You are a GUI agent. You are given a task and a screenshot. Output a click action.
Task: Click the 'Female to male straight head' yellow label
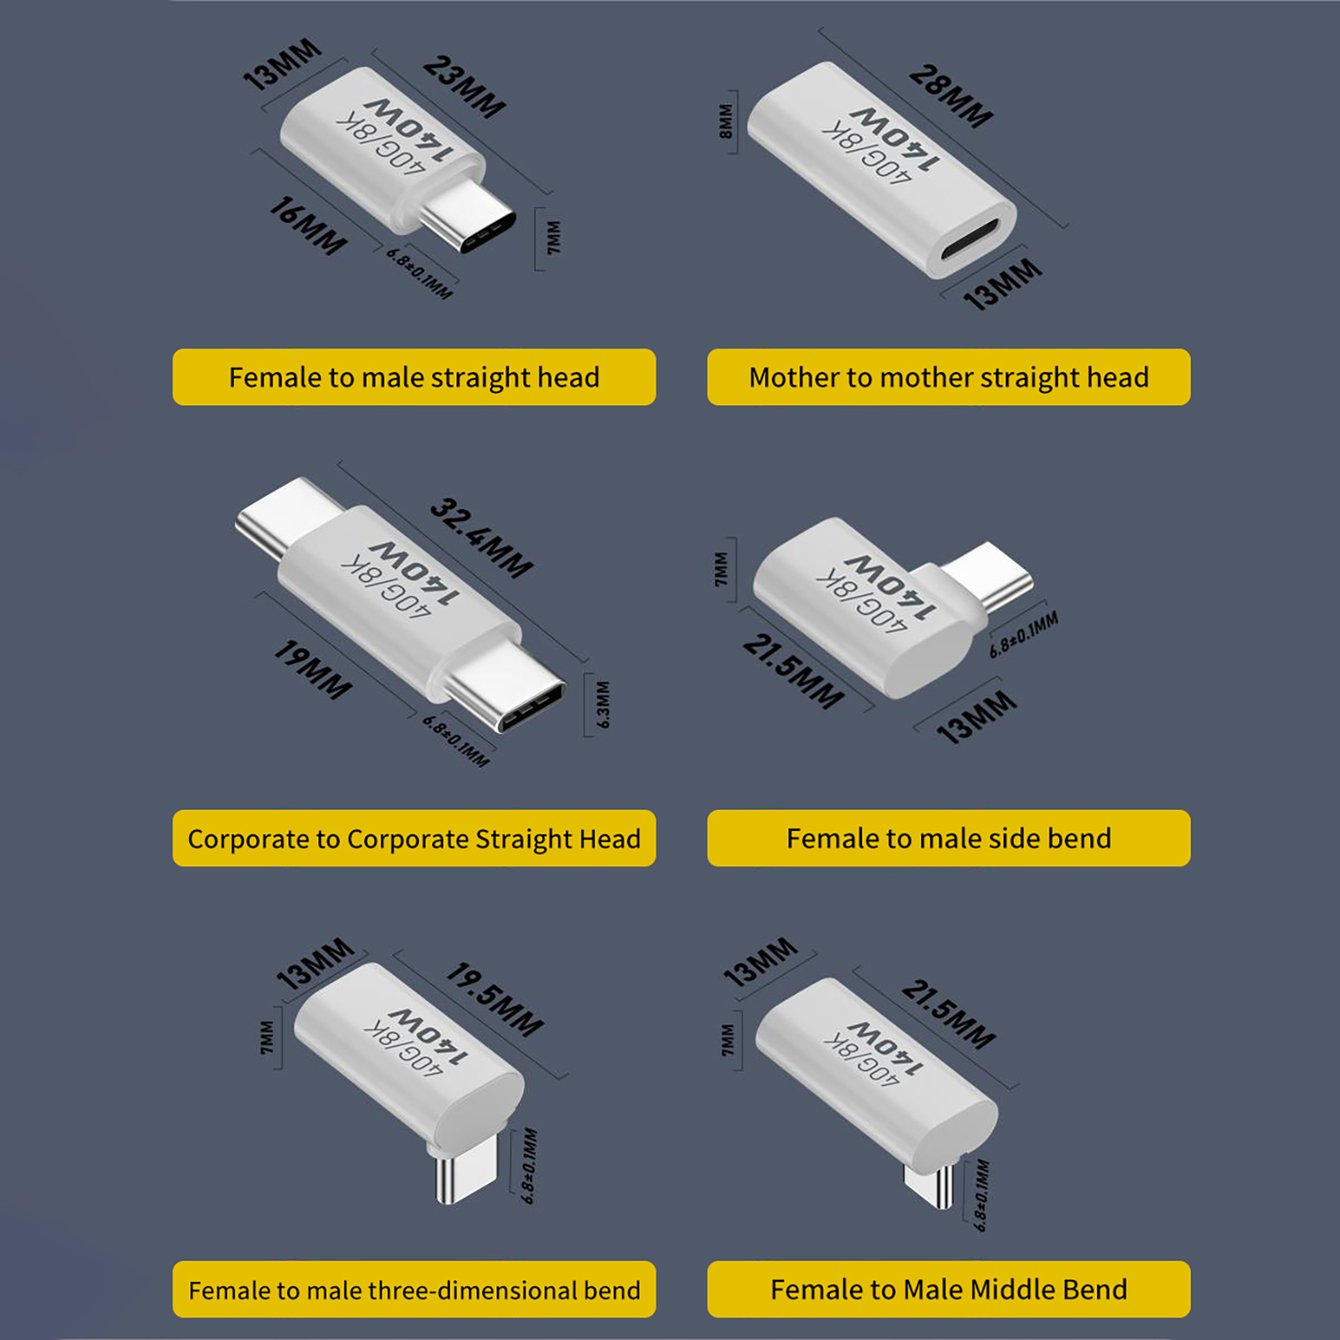(414, 377)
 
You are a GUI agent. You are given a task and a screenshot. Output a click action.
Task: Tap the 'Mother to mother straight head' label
(949, 377)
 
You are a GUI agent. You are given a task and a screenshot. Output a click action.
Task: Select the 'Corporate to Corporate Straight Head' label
(414, 838)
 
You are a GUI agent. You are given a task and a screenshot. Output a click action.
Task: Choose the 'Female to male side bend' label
(949, 838)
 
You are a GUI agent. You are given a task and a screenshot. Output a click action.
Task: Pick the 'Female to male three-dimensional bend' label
(414, 1290)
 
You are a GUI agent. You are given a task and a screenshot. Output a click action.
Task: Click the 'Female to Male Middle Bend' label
(949, 1290)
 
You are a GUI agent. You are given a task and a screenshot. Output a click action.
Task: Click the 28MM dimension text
(951, 96)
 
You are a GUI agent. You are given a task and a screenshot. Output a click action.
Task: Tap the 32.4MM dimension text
(482, 539)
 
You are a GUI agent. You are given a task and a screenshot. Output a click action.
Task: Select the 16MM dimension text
(307, 226)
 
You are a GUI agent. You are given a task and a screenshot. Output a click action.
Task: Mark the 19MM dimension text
(313, 670)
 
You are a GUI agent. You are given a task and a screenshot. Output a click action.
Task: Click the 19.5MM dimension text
(495, 1000)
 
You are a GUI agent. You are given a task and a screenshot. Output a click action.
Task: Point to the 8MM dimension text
(725, 121)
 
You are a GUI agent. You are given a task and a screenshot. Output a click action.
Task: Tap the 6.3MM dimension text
(603, 704)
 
